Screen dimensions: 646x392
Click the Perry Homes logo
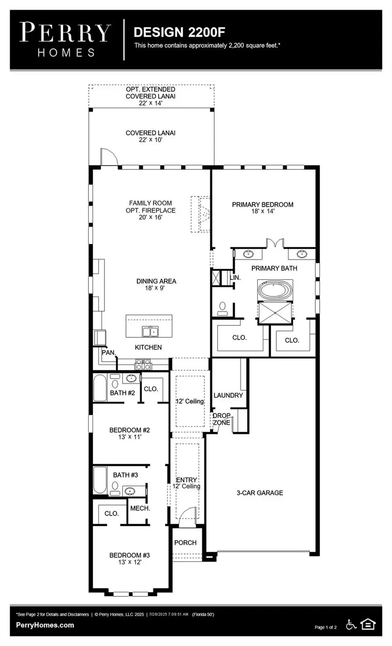(65, 40)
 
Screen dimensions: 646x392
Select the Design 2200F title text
(179, 32)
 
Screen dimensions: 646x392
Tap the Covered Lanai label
(150, 133)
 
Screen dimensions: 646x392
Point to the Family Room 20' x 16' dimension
(150, 217)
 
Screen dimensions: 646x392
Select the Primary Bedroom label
(262, 204)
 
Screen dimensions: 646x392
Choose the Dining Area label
(156, 281)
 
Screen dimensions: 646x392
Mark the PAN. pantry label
(108, 352)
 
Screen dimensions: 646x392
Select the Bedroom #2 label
(129, 430)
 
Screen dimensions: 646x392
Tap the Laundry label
(228, 395)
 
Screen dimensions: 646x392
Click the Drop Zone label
(221, 419)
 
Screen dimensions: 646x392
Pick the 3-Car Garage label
(260, 493)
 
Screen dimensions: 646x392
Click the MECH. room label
(140, 508)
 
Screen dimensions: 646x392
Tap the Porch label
(185, 542)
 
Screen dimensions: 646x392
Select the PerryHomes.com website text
(45, 625)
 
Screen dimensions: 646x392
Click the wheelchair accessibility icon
(351, 625)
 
